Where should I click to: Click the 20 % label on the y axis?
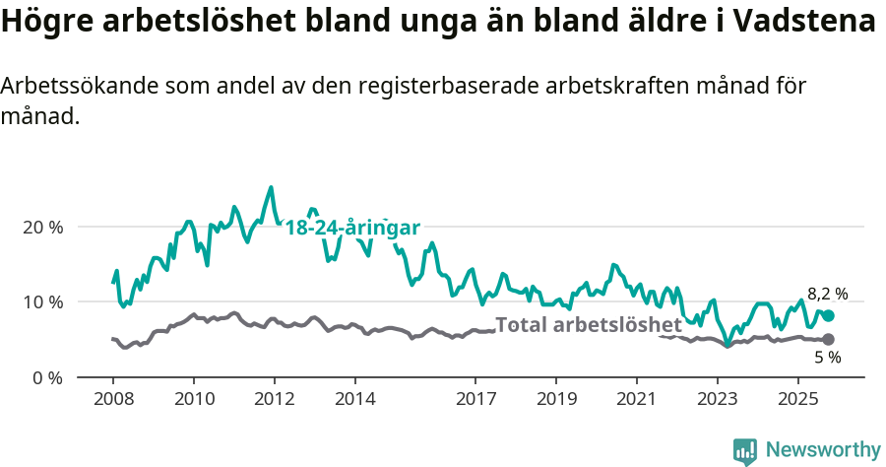(x=41, y=227)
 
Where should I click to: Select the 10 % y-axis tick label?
(x=41, y=301)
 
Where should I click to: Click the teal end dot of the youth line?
(x=828, y=315)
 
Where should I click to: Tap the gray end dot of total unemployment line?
(x=828, y=340)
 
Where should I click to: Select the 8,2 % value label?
(x=827, y=294)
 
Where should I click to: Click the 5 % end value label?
(x=827, y=358)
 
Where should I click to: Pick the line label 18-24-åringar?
(x=352, y=228)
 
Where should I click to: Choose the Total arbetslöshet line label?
(x=588, y=324)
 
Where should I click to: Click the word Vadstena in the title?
(x=794, y=22)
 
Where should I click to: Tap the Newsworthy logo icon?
(x=745, y=451)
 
